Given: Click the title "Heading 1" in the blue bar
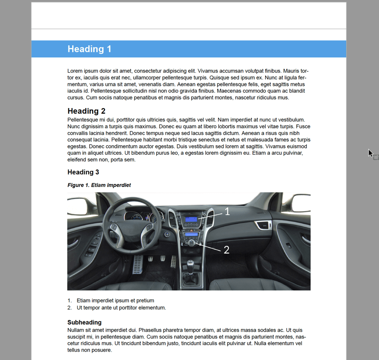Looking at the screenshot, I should coord(89,49).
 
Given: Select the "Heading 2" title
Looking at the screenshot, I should coord(86,111).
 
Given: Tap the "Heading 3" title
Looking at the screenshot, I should coord(83,172).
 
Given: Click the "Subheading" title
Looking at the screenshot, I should coord(84,322).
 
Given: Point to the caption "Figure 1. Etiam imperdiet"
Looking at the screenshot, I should coord(99,185).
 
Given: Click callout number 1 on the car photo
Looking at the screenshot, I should coord(227,212).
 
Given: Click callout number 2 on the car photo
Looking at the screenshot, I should coord(226,250).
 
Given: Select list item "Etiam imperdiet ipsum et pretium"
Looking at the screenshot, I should coord(115,301).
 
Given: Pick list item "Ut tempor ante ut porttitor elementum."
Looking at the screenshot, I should coord(121,308).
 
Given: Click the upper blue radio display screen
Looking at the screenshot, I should coord(191,220).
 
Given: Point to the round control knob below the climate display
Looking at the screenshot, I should coord(191,243).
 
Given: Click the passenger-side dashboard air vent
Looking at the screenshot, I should coord(263,225).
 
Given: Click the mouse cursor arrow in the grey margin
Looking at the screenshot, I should coord(370,153).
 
